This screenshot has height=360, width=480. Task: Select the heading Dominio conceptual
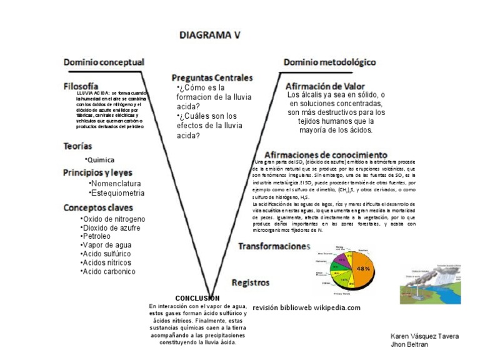coord(104,62)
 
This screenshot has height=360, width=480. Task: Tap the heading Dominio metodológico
coord(329,62)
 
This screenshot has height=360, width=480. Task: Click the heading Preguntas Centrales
coord(212,77)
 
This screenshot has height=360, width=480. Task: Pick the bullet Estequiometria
coord(117,193)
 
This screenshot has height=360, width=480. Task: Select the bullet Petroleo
coord(96,236)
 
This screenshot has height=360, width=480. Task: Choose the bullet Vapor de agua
coord(107,245)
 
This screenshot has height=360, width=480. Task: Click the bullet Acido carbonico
coord(108,271)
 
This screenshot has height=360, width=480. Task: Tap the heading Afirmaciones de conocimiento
coord(326,154)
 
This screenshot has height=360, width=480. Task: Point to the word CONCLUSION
coord(197,298)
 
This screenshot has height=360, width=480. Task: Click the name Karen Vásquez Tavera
coord(424,336)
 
